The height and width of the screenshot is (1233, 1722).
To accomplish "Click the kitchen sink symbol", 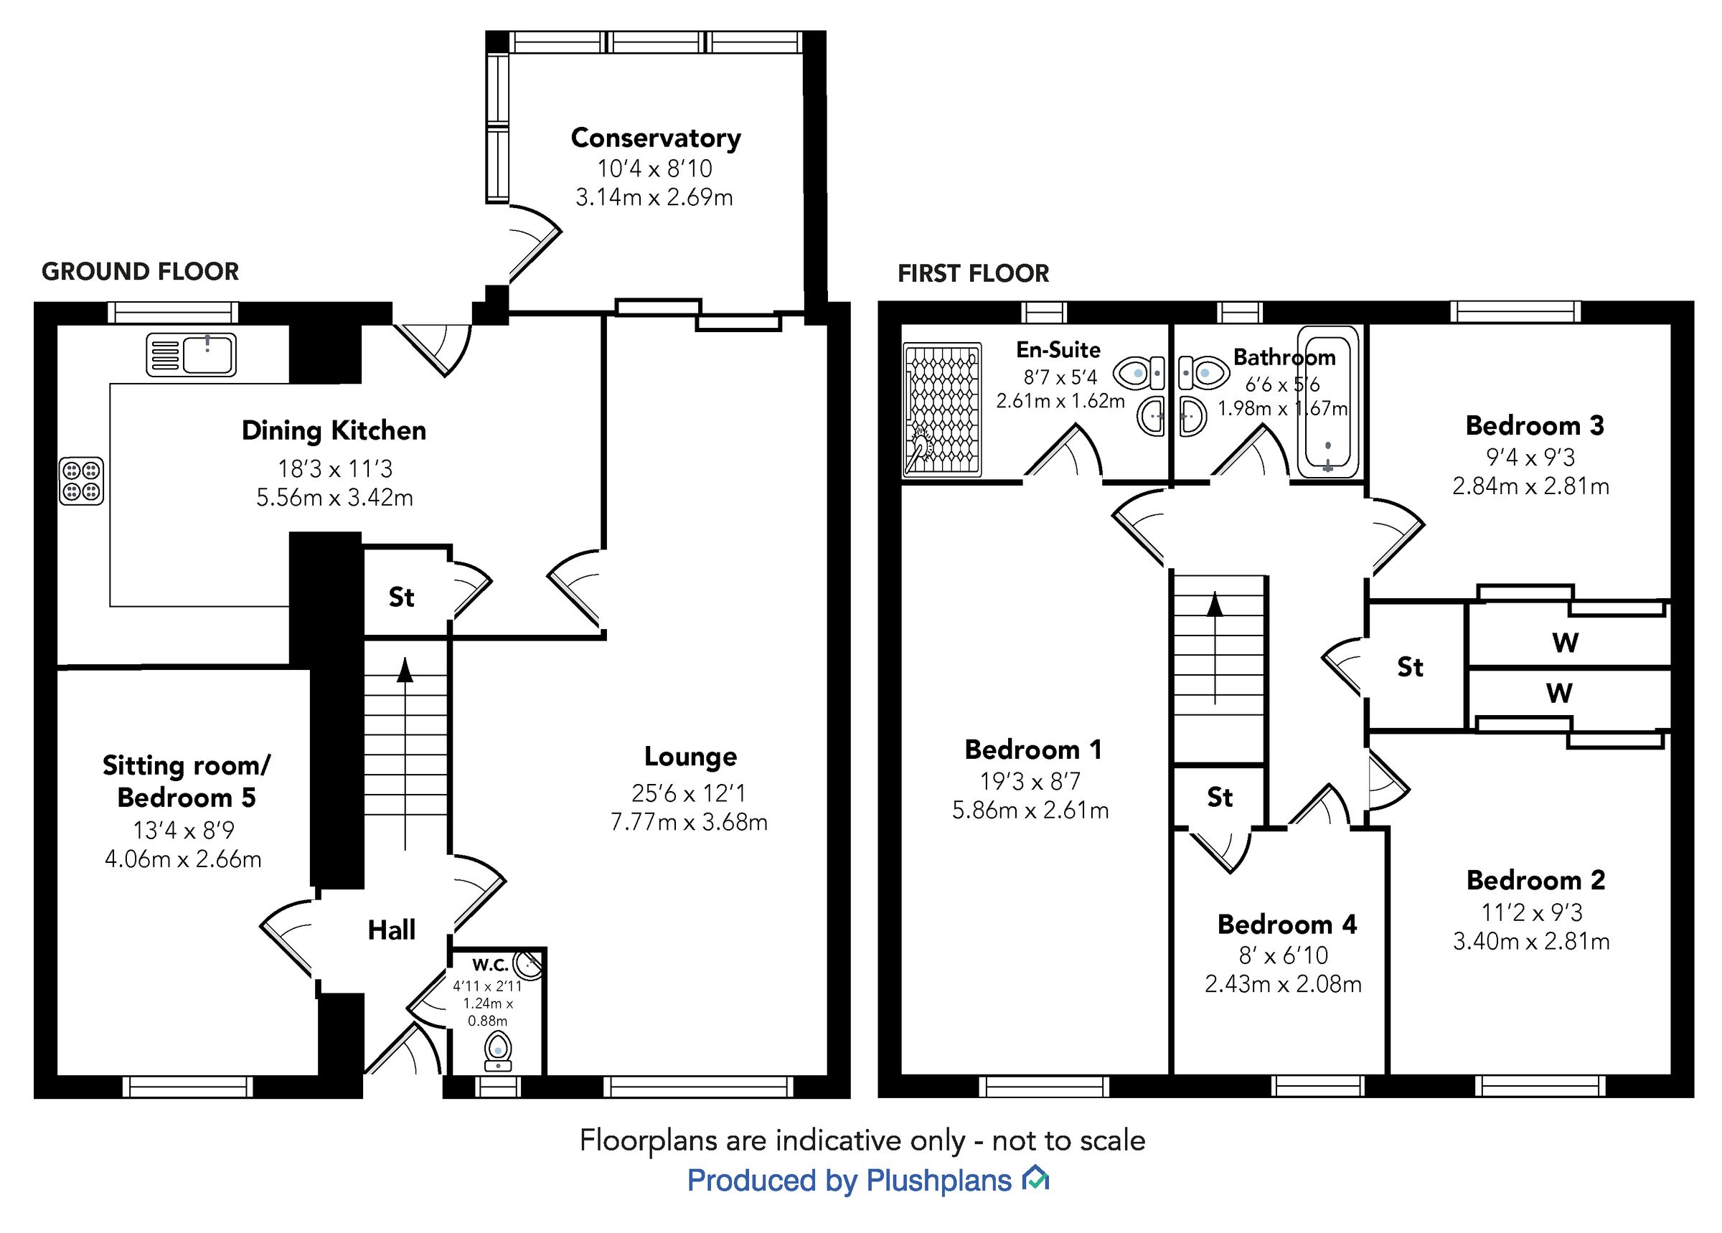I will coord(192,354).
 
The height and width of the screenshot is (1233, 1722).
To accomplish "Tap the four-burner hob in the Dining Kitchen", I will coord(81,481).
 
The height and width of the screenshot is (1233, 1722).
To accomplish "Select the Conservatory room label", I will coord(655,138).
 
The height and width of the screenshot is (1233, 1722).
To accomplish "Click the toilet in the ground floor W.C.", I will coord(497,1052).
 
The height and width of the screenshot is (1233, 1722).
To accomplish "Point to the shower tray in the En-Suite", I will coord(941,410).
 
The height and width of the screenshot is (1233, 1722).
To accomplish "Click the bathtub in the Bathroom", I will coord(1327,402).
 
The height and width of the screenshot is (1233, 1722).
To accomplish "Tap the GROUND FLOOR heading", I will coord(140,271).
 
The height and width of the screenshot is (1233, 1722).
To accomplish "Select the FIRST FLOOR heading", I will coord(973,273).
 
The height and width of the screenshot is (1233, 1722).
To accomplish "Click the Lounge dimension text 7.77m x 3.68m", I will coord(689,822).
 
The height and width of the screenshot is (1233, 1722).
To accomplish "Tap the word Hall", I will coord(391,930).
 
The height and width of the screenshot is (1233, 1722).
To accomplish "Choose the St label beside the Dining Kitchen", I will coord(401,597).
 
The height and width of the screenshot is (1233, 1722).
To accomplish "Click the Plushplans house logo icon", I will coord(1035,1179).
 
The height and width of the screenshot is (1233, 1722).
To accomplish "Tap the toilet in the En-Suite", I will coord(1138,373).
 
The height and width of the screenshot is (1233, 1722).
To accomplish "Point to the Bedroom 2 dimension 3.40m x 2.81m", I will coord(1530,942).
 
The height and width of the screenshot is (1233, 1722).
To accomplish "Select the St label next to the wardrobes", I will coord(1409,667).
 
